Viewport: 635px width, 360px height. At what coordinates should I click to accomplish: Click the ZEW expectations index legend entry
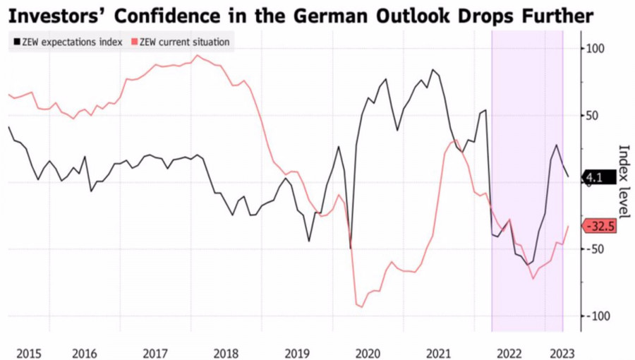click(67, 42)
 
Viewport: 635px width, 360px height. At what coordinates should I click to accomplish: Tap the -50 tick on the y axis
click(598, 249)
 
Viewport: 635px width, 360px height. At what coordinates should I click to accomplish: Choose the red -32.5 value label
click(599, 227)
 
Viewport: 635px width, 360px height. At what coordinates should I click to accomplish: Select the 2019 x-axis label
click(296, 352)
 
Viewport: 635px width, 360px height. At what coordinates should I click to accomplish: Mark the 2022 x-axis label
click(509, 352)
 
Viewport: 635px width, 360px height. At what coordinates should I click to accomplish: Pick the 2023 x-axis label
click(562, 352)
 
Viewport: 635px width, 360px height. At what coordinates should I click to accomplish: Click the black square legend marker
click(16, 42)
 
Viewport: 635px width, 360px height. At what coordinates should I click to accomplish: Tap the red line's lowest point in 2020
click(361, 307)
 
